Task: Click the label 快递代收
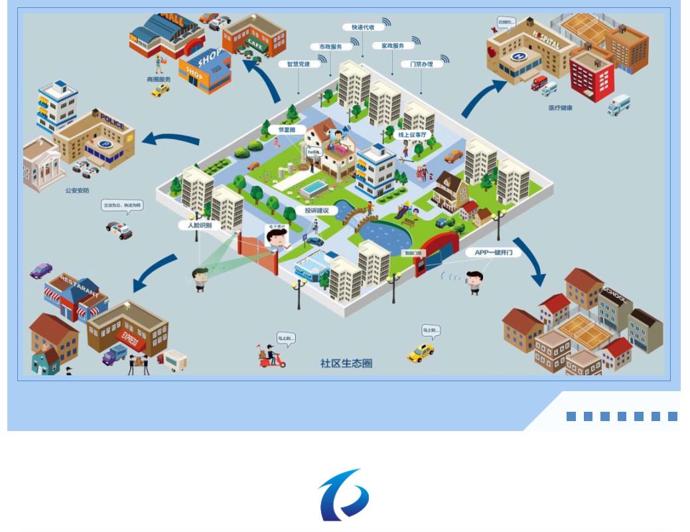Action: click(x=364, y=27)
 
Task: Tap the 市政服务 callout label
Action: click(x=326, y=46)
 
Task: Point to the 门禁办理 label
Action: click(x=417, y=64)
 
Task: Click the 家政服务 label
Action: click(x=388, y=46)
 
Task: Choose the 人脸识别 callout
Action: click(x=196, y=226)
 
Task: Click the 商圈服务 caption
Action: click(x=159, y=79)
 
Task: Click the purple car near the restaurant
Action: click(x=41, y=270)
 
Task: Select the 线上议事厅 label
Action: click(x=415, y=135)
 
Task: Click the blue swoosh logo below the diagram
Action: click(x=344, y=495)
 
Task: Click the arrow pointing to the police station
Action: click(x=172, y=139)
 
